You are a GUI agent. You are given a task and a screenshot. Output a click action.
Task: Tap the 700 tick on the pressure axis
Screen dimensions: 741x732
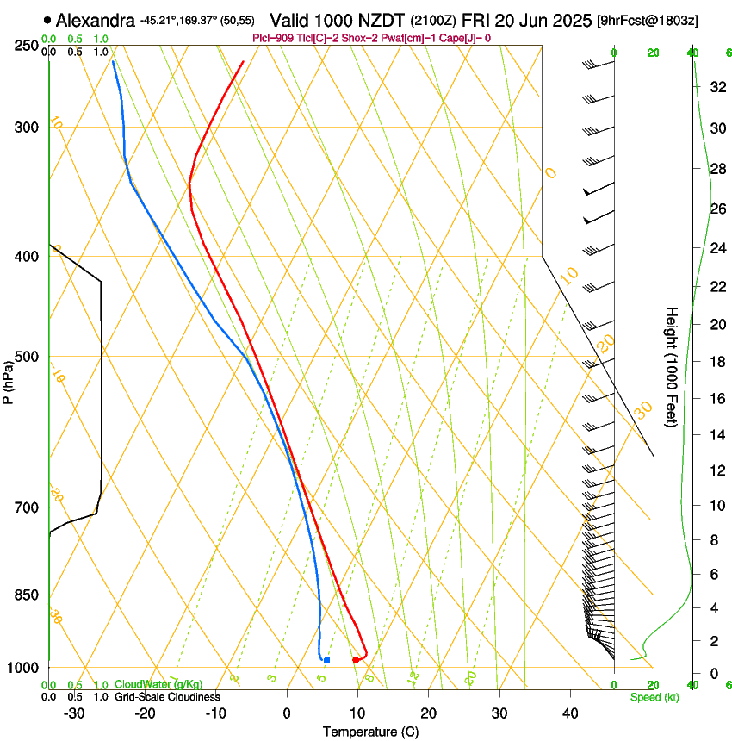click(28, 507)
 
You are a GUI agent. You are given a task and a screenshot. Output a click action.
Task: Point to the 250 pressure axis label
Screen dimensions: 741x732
click(28, 45)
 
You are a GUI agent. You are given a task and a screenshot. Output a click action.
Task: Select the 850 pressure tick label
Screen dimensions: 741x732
click(28, 595)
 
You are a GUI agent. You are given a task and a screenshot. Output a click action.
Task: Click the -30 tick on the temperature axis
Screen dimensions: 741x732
click(74, 713)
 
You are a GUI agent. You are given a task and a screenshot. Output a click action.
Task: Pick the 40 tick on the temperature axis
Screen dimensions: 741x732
click(569, 713)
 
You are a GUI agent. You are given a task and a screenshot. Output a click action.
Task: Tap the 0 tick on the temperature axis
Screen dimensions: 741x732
click(287, 713)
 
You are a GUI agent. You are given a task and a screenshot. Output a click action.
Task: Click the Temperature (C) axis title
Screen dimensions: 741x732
click(370, 732)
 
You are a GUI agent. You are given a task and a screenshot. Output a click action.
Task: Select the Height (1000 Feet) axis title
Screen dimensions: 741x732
click(672, 366)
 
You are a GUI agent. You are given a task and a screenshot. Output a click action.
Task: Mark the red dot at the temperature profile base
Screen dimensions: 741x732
click(356, 660)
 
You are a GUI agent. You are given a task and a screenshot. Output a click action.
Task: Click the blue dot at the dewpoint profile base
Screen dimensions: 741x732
click(326, 660)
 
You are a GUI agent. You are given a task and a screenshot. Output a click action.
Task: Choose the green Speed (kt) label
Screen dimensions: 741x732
click(654, 697)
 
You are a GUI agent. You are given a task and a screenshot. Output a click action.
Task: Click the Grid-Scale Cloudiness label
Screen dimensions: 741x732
click(166, 696)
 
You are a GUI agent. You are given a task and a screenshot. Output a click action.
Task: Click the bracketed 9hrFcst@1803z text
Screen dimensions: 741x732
click(659, 20)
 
